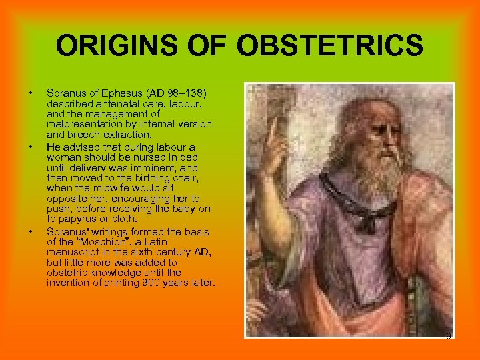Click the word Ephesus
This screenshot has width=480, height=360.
coord(110,89)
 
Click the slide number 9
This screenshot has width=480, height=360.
coord(449,335)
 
